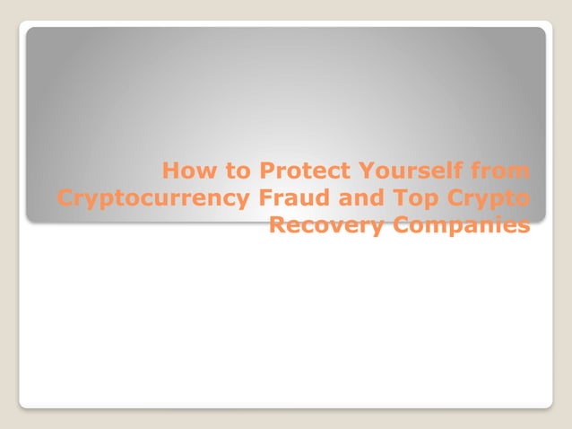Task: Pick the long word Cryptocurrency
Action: (150, 197)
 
